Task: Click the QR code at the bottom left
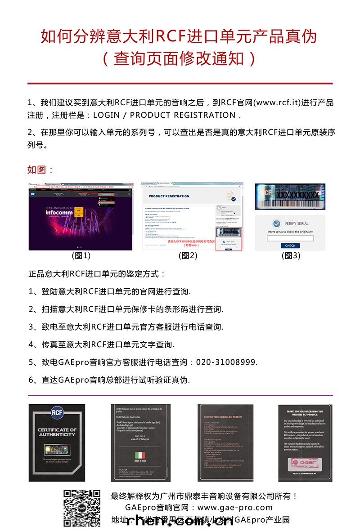81,508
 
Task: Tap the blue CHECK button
290,246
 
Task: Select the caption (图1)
81,256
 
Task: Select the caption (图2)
188,256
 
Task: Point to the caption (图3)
290,256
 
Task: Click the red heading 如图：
41,170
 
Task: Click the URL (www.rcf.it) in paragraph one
277,103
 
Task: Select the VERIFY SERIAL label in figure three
297,224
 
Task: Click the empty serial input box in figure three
290,238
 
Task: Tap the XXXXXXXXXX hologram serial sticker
291,195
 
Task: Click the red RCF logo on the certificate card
57,413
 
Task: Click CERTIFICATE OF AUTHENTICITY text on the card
57,432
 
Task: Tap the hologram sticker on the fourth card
306,461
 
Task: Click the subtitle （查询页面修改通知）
180,59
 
